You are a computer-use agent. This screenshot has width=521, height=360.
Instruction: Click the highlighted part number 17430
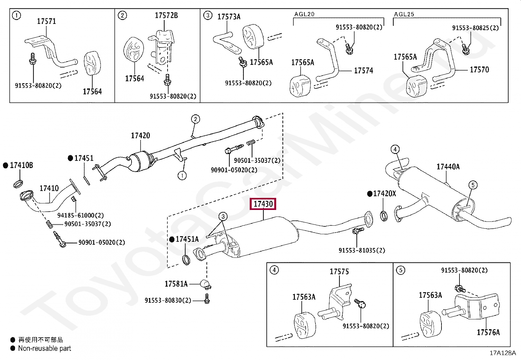pos(263,204)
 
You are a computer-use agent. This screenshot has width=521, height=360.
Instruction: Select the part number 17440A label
pos(448,167)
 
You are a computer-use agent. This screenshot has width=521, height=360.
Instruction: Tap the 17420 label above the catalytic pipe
pos(140,136)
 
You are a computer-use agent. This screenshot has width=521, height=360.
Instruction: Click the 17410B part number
pos(21,165)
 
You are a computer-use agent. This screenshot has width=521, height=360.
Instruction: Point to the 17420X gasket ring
pos(384,216)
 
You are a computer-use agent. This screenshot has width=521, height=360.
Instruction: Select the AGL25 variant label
pos(404,14)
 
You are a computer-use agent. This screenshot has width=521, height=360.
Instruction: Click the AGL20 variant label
pos(304,14)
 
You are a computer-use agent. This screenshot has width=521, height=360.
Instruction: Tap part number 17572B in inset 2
pos(166,15)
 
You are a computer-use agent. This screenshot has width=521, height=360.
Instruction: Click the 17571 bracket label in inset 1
pos(46,21)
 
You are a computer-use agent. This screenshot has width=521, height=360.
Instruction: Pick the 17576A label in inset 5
pos(488,332)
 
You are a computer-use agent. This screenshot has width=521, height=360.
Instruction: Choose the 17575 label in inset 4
pos(339,272)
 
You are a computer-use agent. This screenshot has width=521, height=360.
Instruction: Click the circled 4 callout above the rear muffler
pos(395,149)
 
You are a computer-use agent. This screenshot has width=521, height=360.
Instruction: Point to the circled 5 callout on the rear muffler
pos(473,185)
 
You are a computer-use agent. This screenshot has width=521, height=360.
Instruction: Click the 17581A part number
pos(176,284)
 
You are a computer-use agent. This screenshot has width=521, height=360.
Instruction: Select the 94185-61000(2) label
pos(81,216)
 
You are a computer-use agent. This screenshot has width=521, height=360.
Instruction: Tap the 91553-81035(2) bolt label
pos(362,251)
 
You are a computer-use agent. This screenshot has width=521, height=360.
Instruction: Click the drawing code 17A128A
pos(502,353)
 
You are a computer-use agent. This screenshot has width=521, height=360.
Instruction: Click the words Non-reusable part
pos(45,349)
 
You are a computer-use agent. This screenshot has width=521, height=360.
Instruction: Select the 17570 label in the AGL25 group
pos(479,70)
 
